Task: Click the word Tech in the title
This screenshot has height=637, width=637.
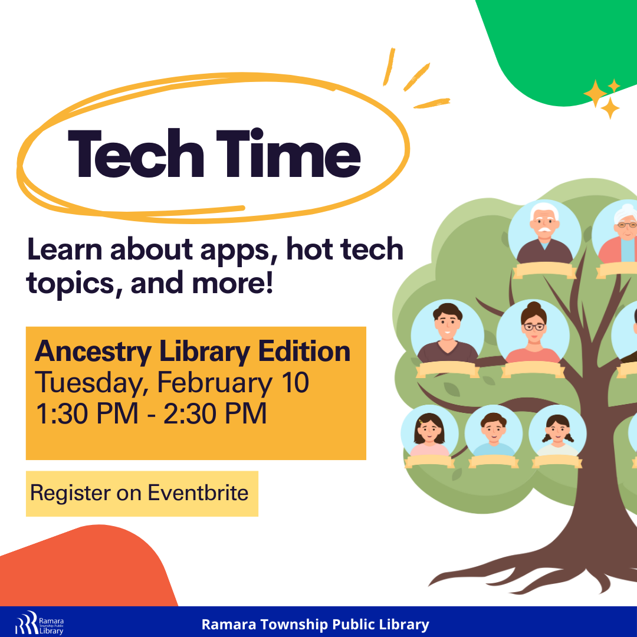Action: [136, 153]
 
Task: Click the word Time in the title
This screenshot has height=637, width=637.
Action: [288, 153]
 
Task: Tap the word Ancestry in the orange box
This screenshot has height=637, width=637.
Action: [93, 352]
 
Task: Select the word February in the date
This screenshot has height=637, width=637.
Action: [214, 383]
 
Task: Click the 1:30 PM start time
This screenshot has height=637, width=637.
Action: [87, 413]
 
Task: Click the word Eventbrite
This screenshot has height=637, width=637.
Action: [198, 492]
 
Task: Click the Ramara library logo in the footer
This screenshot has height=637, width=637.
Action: [40, 622]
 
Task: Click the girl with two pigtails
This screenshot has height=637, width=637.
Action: [557, 433]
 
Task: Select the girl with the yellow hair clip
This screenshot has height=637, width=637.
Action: [429, 433]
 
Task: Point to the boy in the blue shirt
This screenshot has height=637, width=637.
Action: [494, 433]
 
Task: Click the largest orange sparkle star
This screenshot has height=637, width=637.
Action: [595, 93]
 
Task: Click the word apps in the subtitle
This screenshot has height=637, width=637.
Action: [235, 251]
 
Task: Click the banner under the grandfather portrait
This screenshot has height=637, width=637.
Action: [544, 271]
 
